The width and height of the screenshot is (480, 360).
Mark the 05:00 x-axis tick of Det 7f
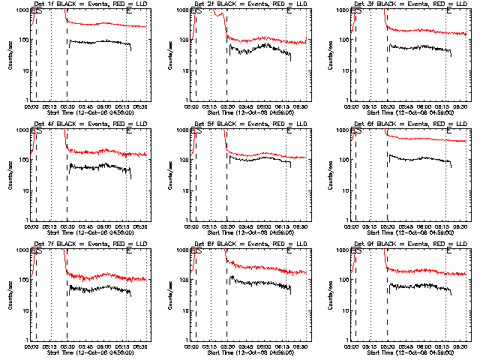pos(31,346)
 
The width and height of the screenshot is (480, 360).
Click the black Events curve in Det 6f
pos(420,159)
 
